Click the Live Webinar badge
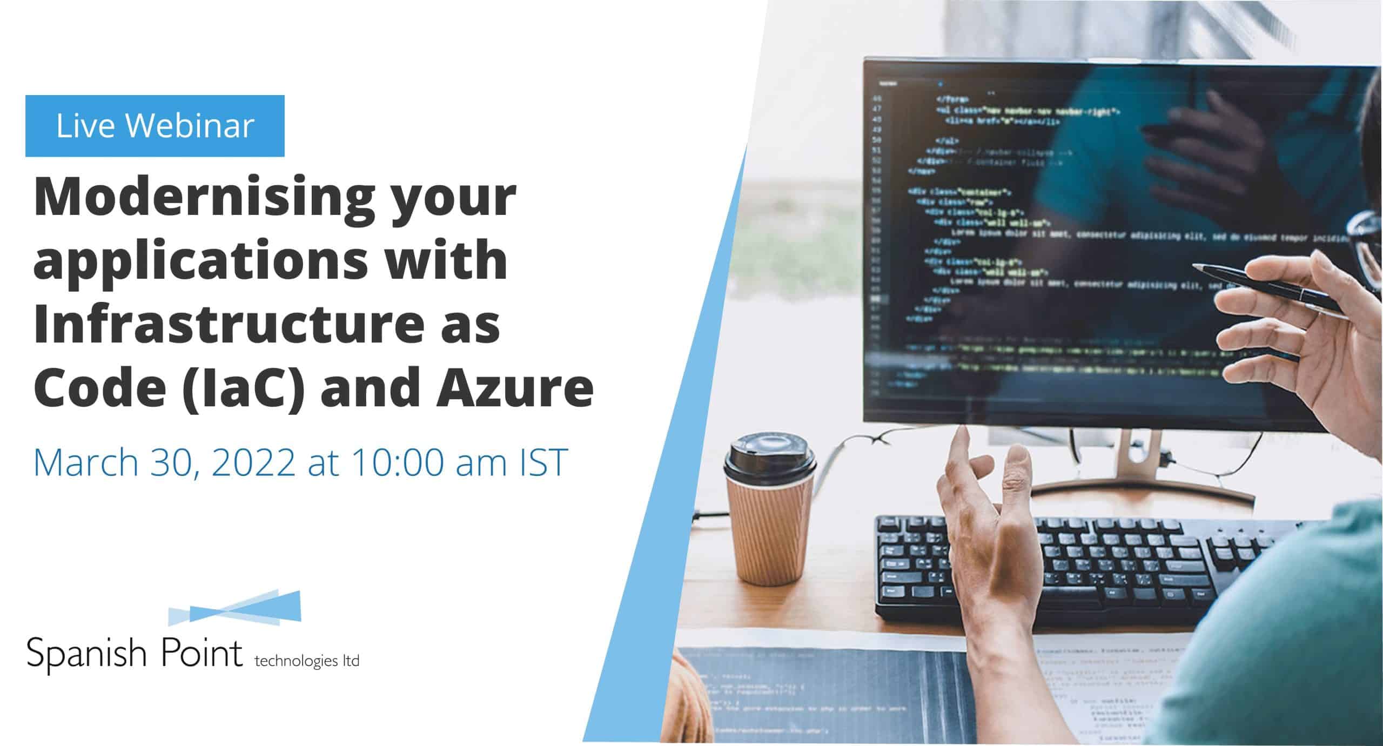coord(155,126)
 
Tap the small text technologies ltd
coord(306,661)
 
